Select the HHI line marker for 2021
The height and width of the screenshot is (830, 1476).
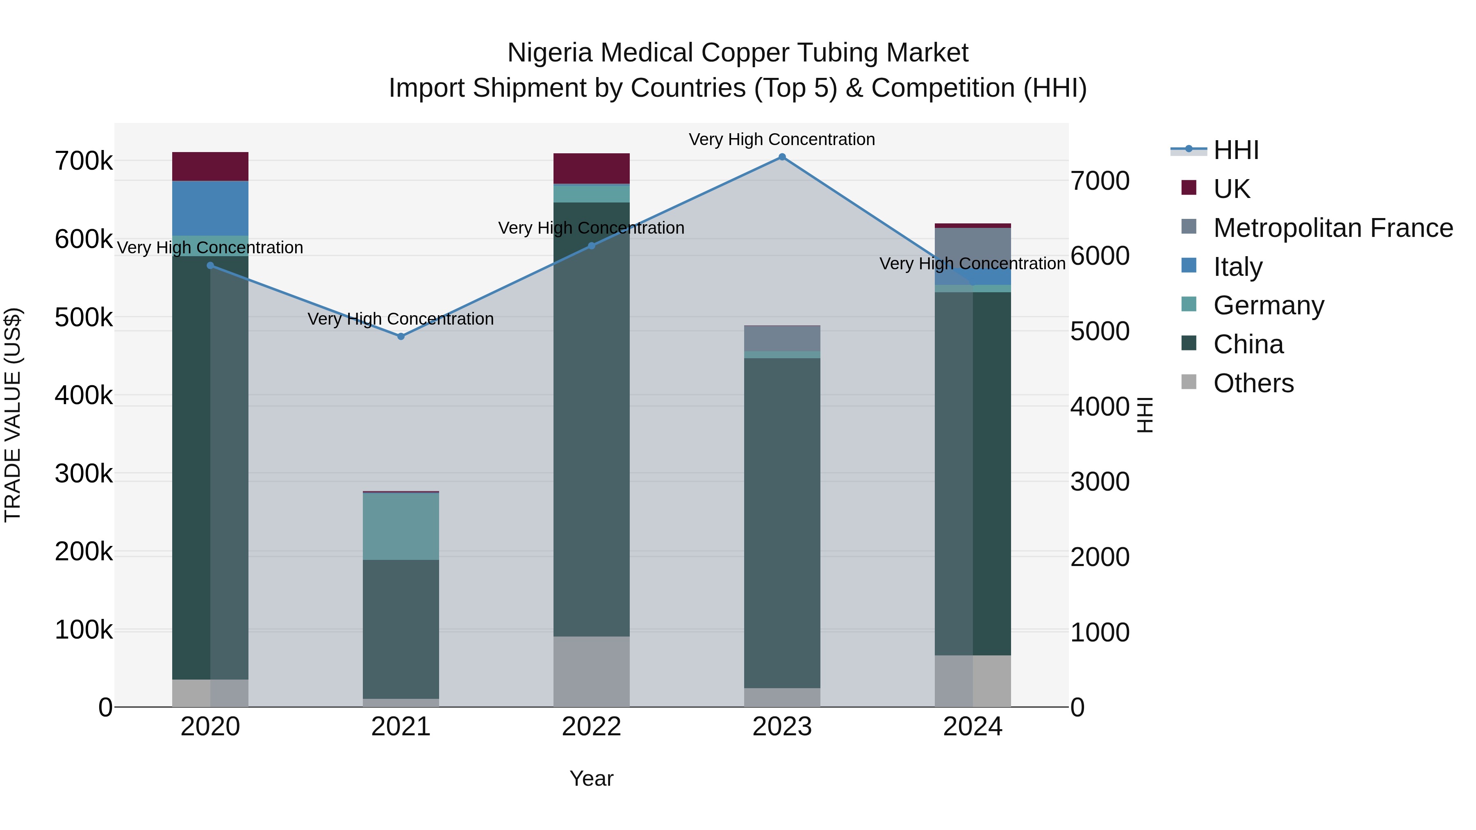click(x=401, y=336)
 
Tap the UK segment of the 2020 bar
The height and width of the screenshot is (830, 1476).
click(x=210, y=166)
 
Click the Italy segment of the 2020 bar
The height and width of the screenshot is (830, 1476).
click(x=210, y=208)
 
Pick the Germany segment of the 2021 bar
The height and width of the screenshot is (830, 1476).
click(x=401, y=526)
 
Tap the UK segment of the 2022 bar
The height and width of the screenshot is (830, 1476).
click(x=591, y=168)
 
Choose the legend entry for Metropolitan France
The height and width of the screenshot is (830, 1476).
click(x=1333, y=228)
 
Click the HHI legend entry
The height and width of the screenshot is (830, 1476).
click(x=1236, y=150)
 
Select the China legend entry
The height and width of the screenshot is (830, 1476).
click(x=1248, y=344)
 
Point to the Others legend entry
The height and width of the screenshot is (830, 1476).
click(x=1253, y=383)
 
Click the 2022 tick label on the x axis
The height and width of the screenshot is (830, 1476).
click(x=591, y=727)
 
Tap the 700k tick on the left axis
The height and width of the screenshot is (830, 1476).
click(x=84, y=161)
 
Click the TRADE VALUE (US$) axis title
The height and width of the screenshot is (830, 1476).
click(x=13, y=415)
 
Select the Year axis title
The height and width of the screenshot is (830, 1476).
click(x=591, y=778)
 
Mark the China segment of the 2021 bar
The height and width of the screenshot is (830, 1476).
click(x=401, y=629)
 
